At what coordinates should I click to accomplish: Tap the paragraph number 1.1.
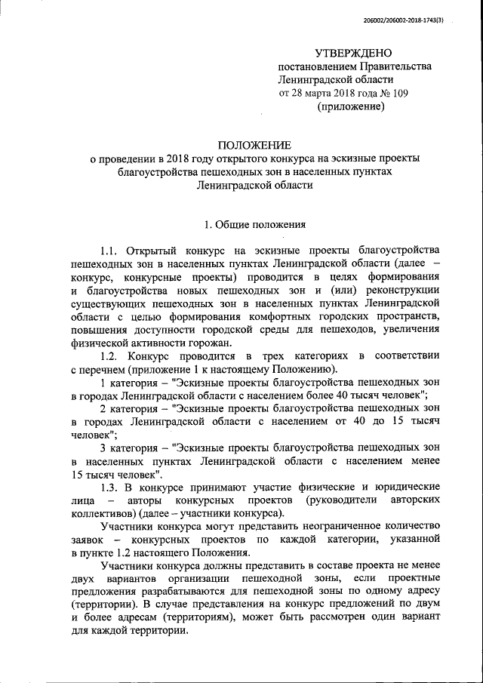click(x=111, y=250)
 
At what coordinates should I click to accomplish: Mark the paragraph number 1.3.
click(x=111, y=487)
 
